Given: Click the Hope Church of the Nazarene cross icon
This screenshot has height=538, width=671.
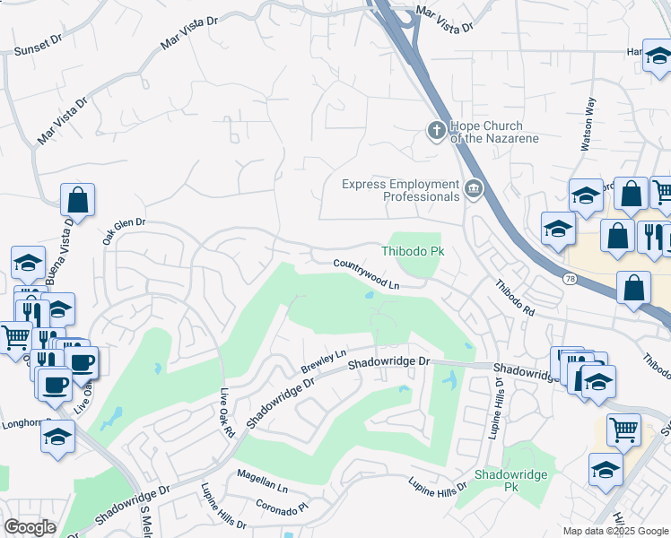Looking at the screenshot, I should coord(437,132).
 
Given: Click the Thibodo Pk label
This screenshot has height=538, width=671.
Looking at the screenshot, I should coord(414,252).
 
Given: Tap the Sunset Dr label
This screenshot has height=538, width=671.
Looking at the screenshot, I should coord(36,47).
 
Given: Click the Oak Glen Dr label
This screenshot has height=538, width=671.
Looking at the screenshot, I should coord(123,230).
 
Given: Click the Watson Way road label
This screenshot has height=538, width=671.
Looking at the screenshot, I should coord(589,117).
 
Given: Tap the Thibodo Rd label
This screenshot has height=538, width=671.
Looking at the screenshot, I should coord(515,297).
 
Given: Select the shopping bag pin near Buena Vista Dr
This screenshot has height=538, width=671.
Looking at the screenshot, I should coord(78,200).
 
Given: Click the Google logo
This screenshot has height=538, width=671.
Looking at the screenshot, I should coord(30,526).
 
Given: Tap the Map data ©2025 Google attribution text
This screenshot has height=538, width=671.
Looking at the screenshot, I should coord(614,531).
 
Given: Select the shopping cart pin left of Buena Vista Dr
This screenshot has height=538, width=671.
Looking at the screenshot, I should coord(14,338).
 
